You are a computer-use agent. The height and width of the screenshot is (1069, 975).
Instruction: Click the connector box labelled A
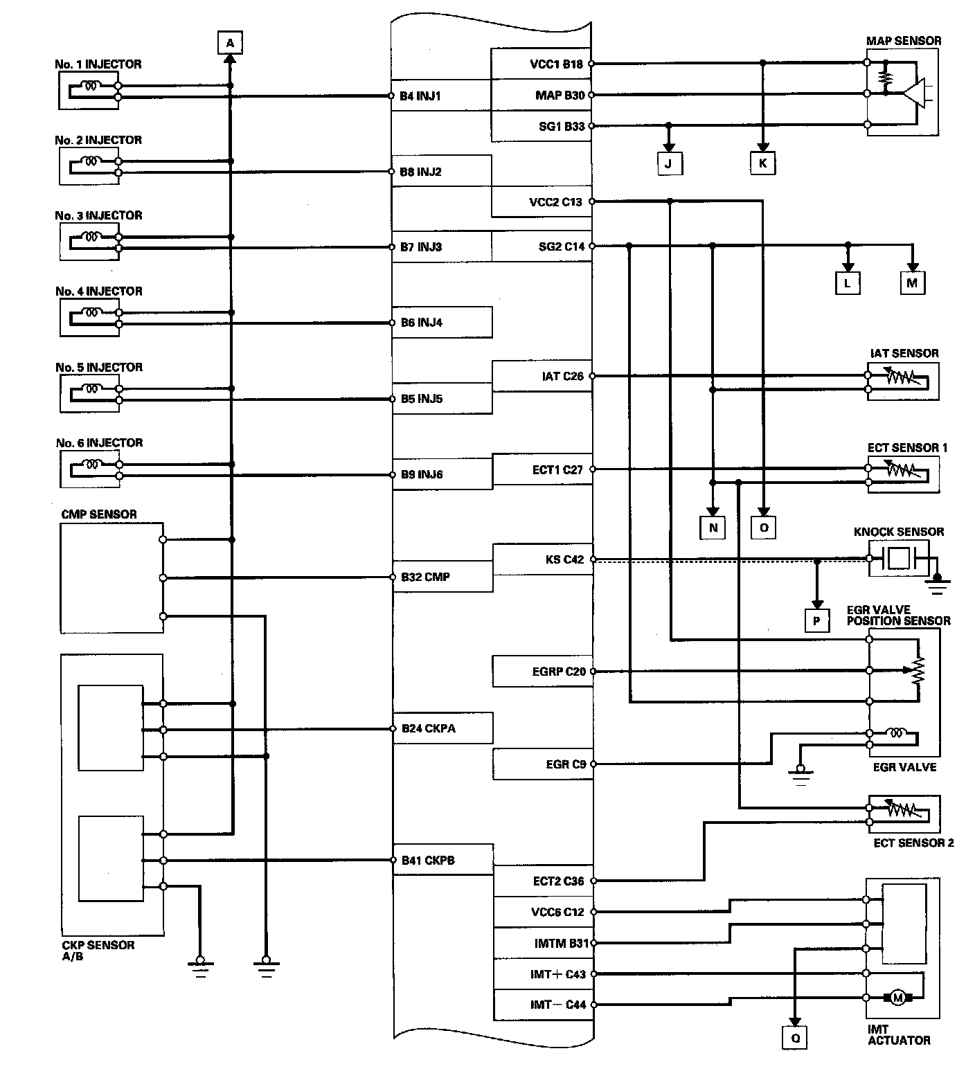[x=231, y=43]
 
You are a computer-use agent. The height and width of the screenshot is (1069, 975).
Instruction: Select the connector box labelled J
[x=669, y=163]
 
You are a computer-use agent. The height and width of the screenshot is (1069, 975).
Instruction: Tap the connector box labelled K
[x=762, y=163]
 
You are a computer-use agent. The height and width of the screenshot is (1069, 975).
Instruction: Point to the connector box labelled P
[x=816, y=621]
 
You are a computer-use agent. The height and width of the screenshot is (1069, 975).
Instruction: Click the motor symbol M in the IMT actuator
[x=898, y=998]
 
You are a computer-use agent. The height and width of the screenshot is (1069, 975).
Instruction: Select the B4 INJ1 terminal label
[x=420, y=96]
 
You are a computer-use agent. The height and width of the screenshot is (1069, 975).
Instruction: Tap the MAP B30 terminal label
[x=560, y=95]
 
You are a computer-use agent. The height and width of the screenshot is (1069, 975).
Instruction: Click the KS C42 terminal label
[x=564, y=559]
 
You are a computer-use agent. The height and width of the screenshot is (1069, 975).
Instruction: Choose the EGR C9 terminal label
[x=566, y=764]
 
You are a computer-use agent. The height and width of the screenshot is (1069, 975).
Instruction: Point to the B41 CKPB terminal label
[x=428, y=861]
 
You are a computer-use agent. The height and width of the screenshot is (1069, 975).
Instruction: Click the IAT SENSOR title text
[x=904, y=353]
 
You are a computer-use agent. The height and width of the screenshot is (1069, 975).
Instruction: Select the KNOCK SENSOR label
[x=899, y=532]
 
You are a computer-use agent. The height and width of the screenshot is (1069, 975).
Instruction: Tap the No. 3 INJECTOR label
[x=99, y=215]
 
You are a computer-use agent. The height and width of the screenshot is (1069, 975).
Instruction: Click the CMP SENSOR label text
[x=99, y=514]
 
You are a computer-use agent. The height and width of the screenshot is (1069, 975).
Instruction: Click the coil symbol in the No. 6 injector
[x=92, y=465]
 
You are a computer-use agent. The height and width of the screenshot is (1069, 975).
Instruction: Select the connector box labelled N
[x=713, y=528]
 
